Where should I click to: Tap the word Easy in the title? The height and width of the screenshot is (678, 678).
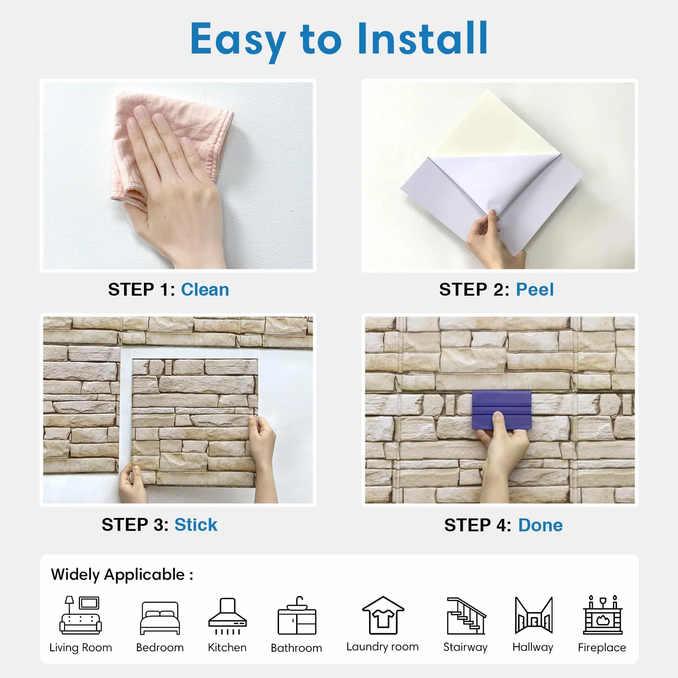[x=238, y=42]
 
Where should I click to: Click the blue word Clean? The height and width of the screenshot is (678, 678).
[x=205, y=290]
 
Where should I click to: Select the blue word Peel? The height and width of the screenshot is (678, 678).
[x=535, y=290]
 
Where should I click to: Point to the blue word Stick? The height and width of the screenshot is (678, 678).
[x=196, y=524]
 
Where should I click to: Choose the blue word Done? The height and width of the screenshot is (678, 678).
[x=540, y=525]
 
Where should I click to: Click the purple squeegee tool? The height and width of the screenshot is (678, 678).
[x=501, y=410]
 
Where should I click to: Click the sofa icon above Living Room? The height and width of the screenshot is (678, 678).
[x=81, y=615]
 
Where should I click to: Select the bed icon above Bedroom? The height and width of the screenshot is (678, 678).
[x=160, y=618]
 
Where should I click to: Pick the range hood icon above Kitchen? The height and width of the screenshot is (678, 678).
[x=227, y=616]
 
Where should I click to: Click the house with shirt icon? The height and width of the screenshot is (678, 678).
[x=383, y=615]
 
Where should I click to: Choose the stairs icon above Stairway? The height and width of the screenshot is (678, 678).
[x=466, y=615]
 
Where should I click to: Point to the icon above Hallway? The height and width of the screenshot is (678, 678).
[x=533, y=615]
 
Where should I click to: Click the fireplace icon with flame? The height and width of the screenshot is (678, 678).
[x=602, y=615]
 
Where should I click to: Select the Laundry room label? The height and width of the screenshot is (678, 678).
[x=382, y=647]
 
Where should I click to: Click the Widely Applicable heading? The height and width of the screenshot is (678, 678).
[x=122, y=575]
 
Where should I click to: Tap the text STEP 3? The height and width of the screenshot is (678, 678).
[x=135, y=524]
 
